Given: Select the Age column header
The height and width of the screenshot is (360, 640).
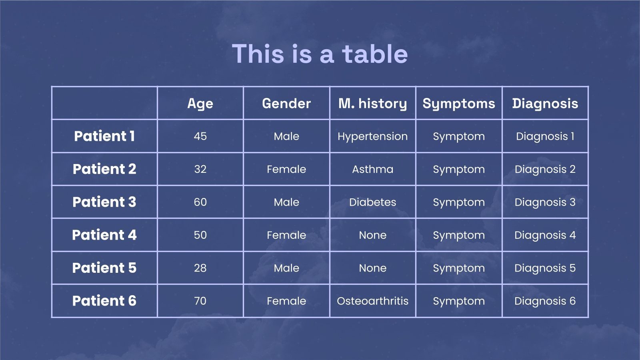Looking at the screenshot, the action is tap(200, 104).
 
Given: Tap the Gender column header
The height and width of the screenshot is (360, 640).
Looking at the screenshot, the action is tap(286, 103).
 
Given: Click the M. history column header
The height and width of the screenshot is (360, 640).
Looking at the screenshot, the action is tap(372, 104).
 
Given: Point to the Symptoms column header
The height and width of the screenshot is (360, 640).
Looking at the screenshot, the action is tap(459, 104).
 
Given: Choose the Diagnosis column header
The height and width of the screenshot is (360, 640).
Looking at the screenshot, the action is tap(545, 104).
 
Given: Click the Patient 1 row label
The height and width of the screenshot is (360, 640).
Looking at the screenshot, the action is tap(104, 136).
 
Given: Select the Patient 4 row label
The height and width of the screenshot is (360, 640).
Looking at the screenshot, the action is tap(104, 235).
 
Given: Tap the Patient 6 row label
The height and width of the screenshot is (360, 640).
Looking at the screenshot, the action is tap(104, 300).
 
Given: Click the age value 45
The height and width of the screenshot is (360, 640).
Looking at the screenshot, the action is tap(200, 136).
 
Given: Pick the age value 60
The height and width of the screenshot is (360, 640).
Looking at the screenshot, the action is tap(200, 202).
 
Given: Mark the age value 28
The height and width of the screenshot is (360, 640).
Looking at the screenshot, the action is tap(200, 268).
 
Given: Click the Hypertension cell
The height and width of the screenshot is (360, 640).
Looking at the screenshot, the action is tap(372, 136).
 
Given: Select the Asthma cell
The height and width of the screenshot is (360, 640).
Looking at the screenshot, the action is tap(372, 169).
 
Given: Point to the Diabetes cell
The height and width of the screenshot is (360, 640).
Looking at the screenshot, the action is tap(372, 202).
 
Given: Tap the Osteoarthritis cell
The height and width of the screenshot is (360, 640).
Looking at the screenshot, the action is tap(372, 301).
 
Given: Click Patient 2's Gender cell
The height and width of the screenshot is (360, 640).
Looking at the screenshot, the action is tap(286, 169).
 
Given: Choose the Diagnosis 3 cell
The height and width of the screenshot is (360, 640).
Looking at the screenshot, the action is tap(545, 202).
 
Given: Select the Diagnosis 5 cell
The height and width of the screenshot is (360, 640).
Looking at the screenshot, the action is tap(545, 268).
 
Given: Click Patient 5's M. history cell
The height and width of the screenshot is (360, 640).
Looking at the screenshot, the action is tap(372, 268).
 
